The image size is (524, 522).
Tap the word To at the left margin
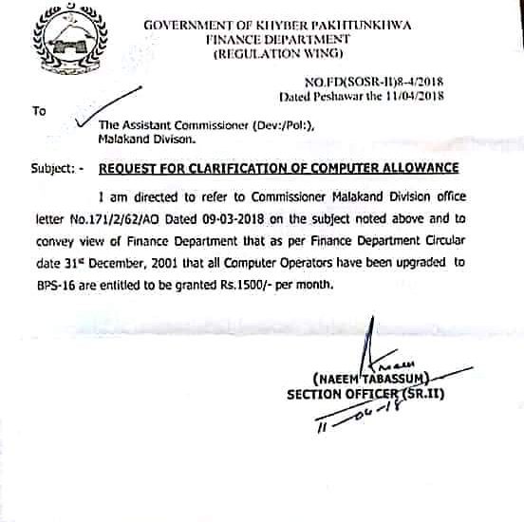coord(39,111)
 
